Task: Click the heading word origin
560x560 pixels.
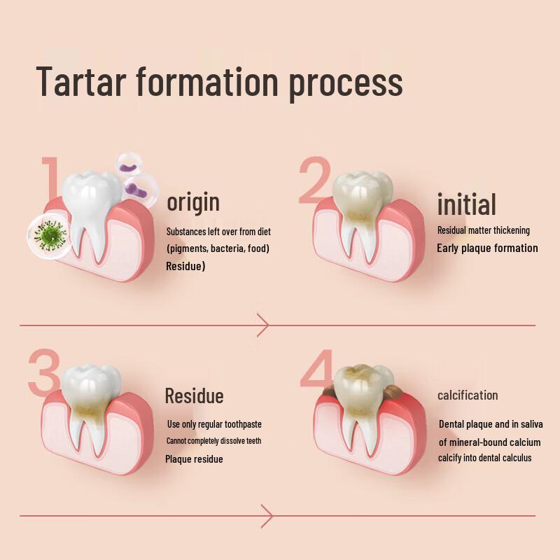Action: tap(192, 202)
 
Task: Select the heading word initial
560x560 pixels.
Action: tap(466, 204)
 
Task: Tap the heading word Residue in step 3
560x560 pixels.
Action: tap(194, 396)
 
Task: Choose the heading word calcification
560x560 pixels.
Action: tap(468, 395)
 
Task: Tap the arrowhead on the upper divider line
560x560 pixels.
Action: tap(264, 325)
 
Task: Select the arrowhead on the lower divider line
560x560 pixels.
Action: tap(265, 516)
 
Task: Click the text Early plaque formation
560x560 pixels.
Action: tap(487, 248)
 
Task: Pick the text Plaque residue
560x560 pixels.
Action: tap(194, 459)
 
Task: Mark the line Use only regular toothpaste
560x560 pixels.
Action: tap(214, 424)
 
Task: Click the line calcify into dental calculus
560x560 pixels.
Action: tap(485, 458)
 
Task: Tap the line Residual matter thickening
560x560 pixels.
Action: tap(483, 230)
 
